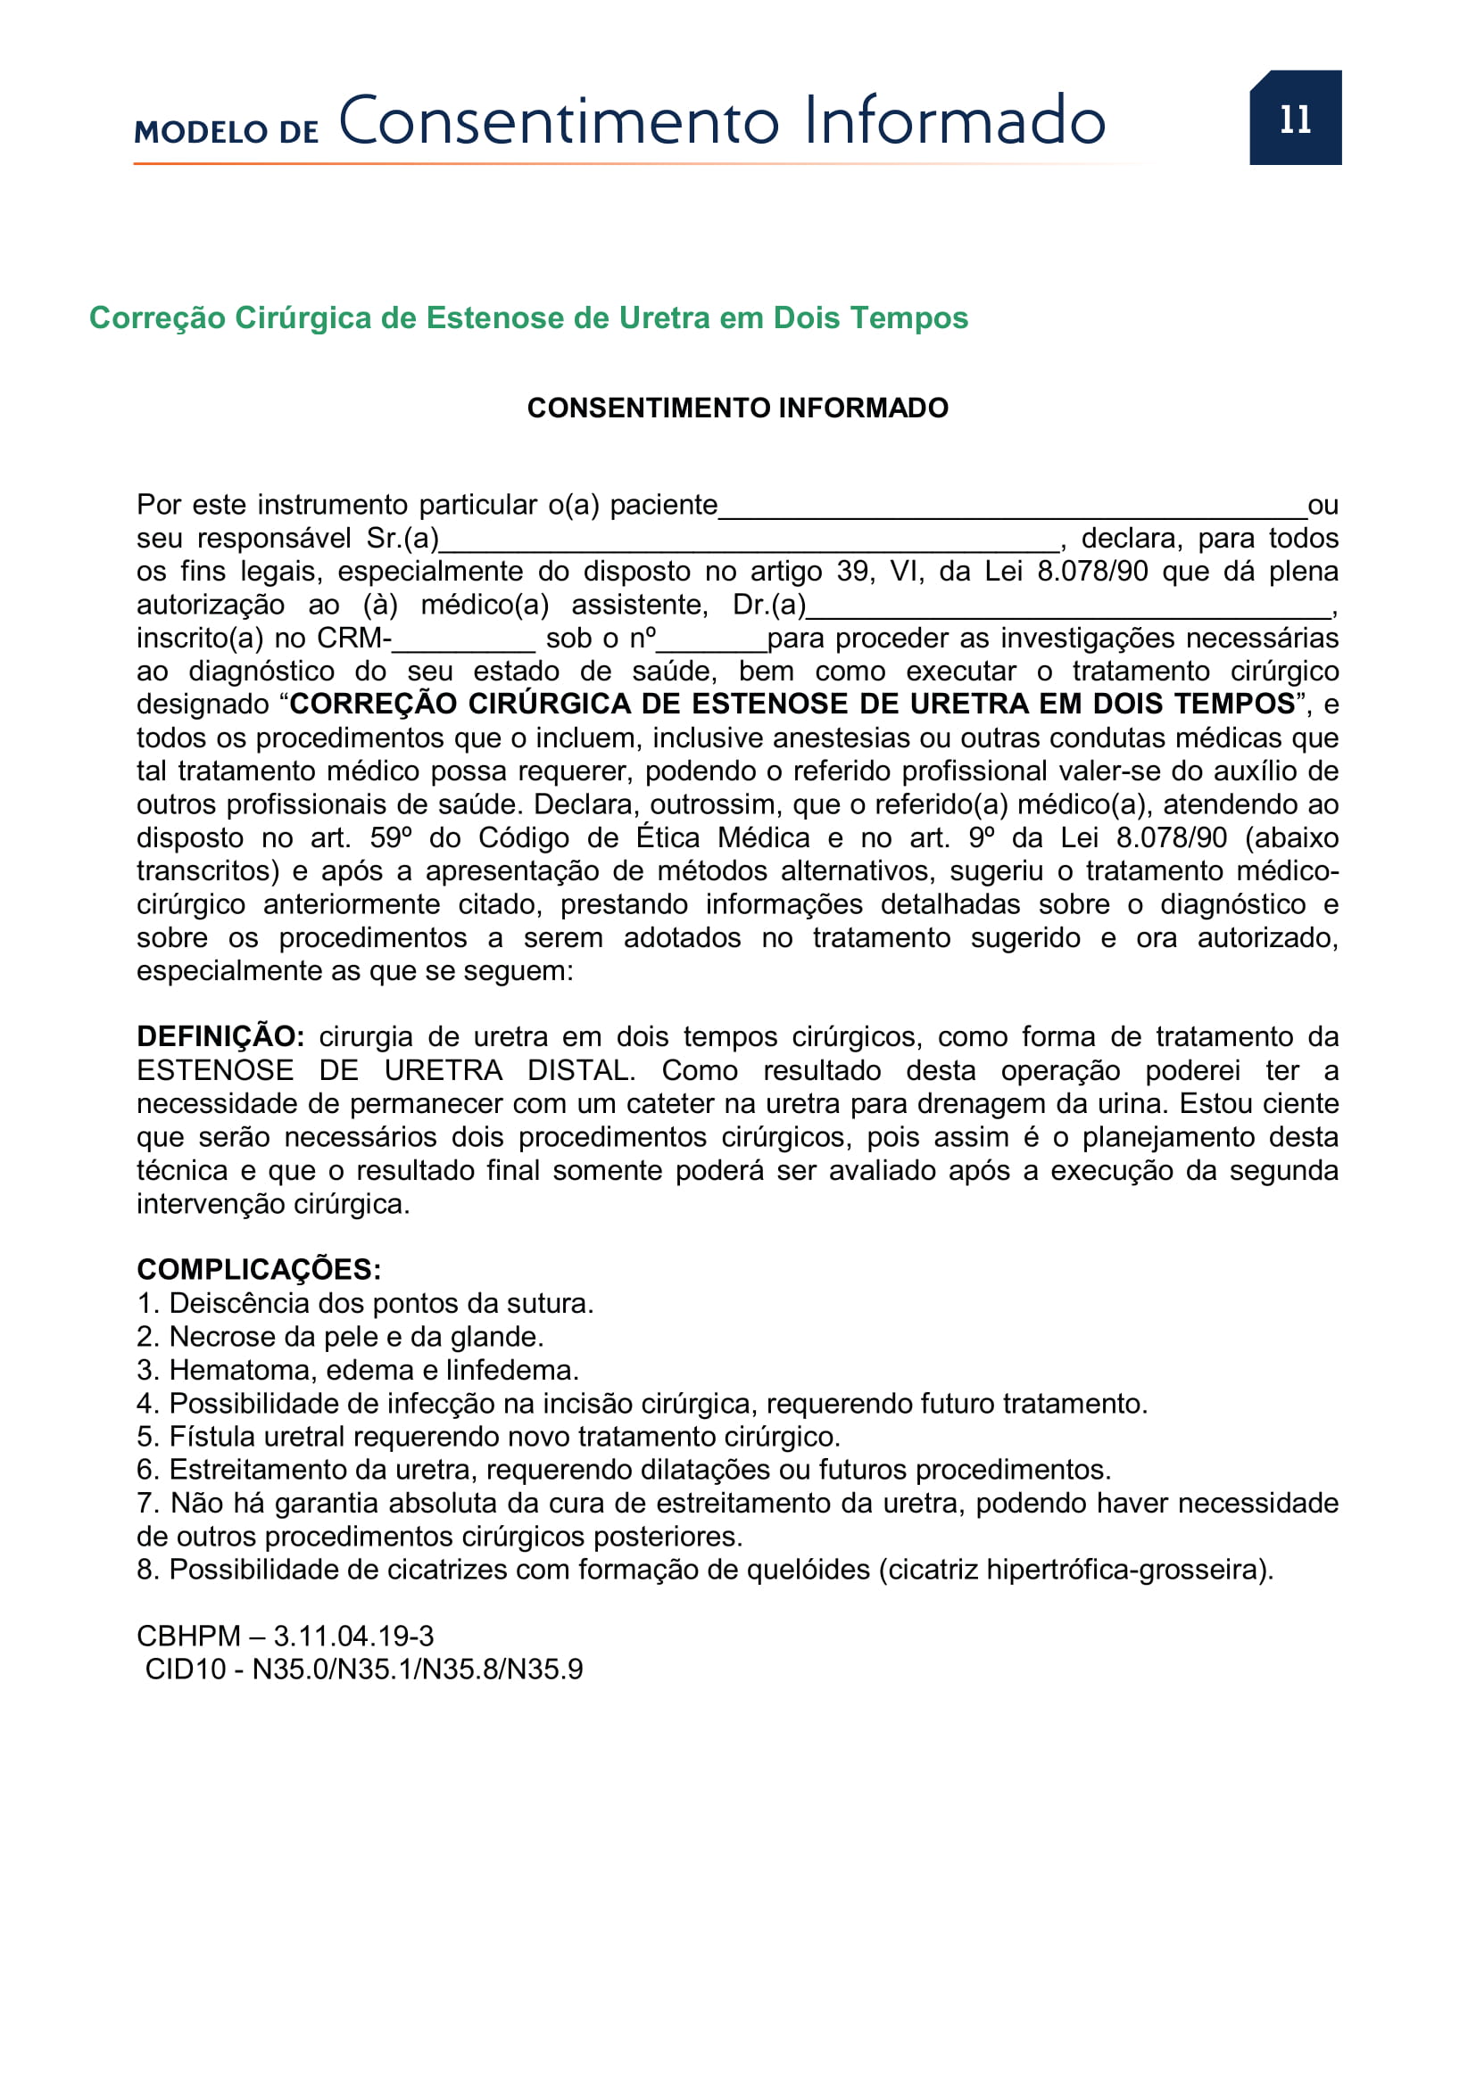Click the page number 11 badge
(x=1294, y=118)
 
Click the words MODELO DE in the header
(x=227, y=132)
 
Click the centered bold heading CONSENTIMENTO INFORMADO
(x=737, y=408)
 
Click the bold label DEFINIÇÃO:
(x=220, y=1036)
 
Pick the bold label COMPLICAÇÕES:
(x=259, y=1269)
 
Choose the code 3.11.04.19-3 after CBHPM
(x=353, y=1636)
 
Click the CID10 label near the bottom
(x=186, y=1669)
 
